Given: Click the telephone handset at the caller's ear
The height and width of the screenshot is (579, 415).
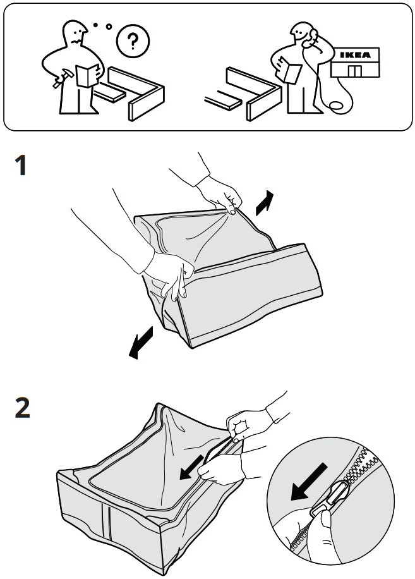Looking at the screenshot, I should pos(306,41).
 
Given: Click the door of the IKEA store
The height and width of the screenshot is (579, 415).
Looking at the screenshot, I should pos(356,71).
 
